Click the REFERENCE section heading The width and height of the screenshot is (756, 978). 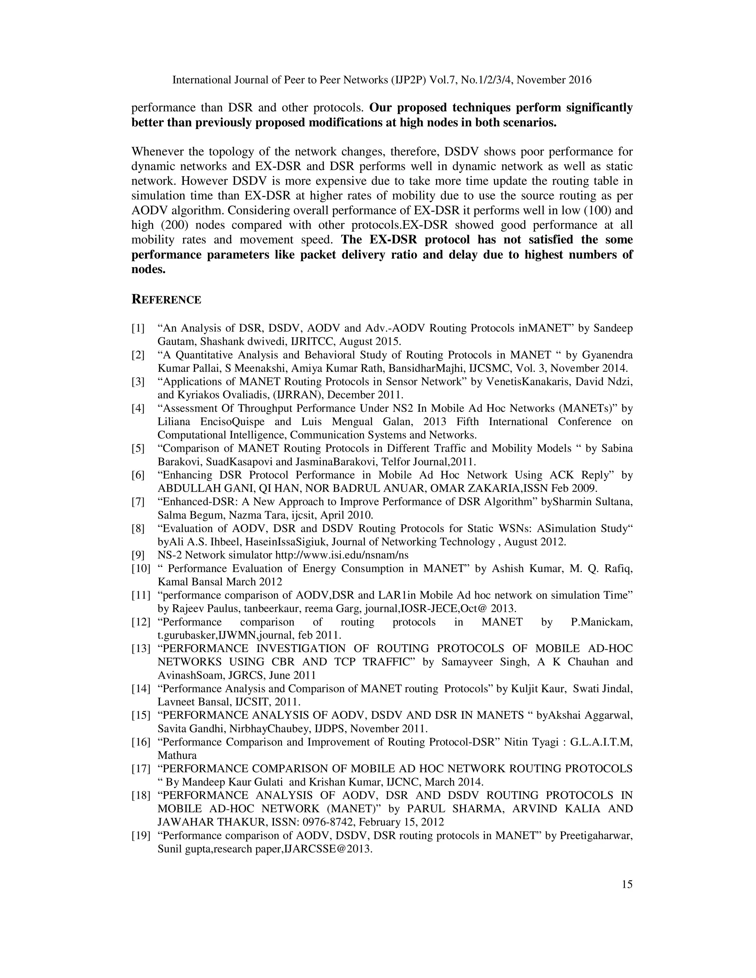point(166,300)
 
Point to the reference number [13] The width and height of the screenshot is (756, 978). point(141,649)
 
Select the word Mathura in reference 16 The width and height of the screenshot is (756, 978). point(177,755)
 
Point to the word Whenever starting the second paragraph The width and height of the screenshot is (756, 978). point(158,152)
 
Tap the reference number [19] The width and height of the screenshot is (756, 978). point(141,836)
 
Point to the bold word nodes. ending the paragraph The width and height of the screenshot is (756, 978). point(148,269)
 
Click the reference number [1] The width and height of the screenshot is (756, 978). point(138,328)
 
